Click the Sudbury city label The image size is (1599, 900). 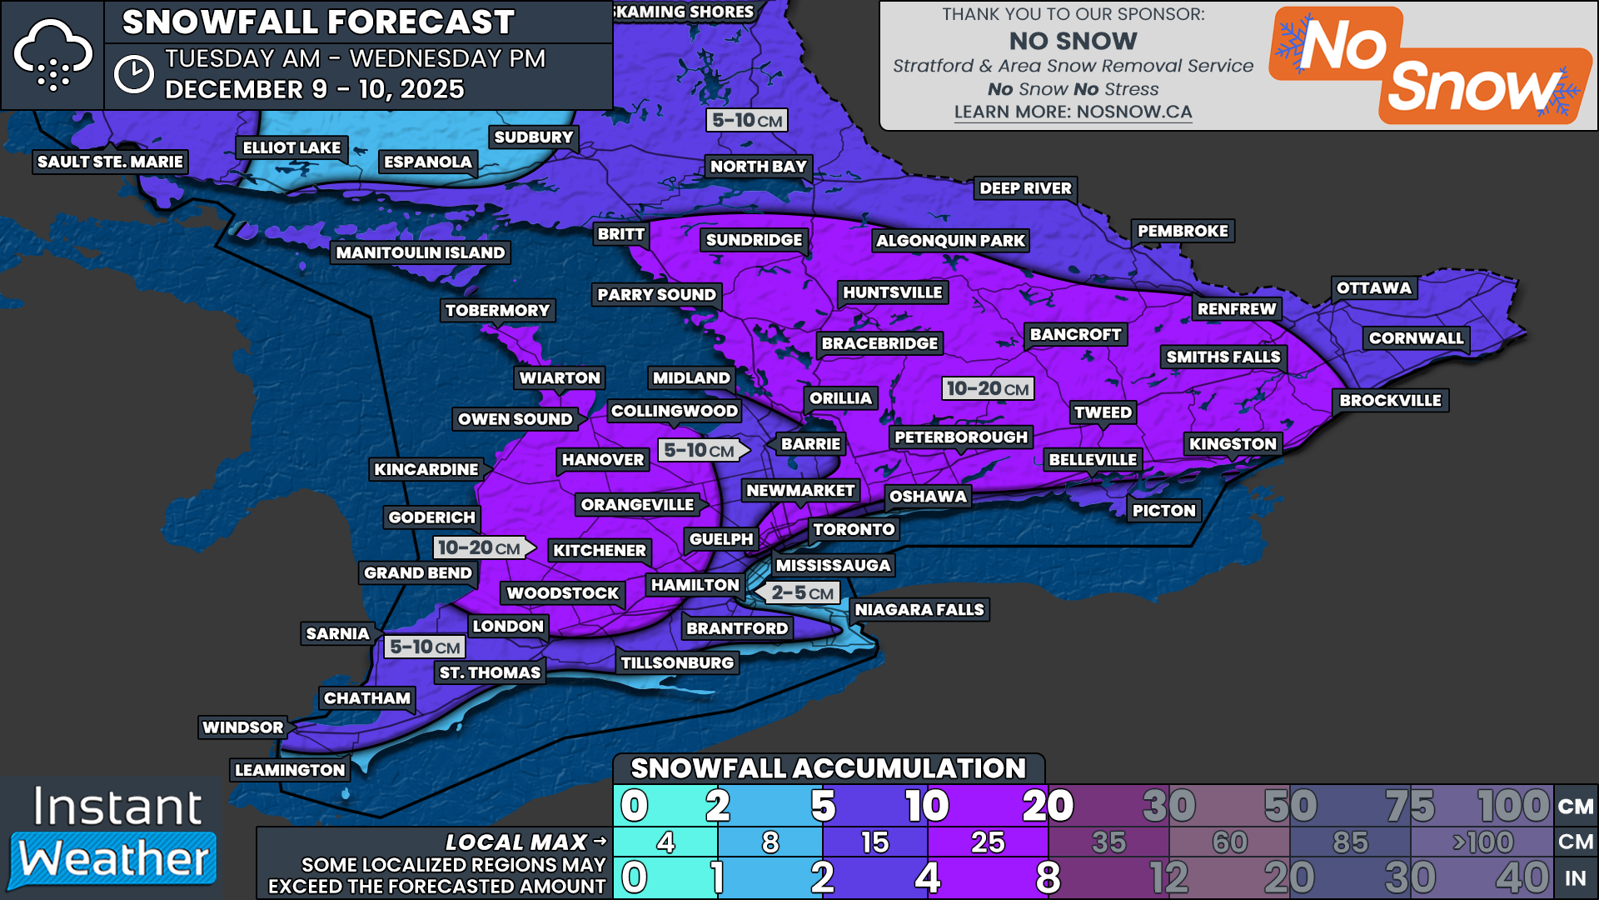click(533, 137)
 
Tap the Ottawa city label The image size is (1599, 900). click(1373, 288)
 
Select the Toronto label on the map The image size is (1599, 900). click(854, 529)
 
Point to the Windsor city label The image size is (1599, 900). click(242, 727)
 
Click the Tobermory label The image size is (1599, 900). click(497, 311)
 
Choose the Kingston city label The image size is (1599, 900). click(1232, 444)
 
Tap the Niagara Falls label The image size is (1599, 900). click(919, 610)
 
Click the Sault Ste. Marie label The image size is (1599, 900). click(110, 162)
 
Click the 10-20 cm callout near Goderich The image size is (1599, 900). click(479, 547)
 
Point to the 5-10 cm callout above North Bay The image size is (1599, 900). click(747, 121)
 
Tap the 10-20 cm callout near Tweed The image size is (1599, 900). click(988, 388)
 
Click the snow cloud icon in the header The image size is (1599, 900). click(52, 55)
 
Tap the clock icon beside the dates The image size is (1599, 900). click(133, 74)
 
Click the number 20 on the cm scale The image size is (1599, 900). click(1047, 806)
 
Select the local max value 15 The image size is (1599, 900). click(874, 842)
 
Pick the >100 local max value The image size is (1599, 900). click(1482, 842)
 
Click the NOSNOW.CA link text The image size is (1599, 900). click(1073, 112)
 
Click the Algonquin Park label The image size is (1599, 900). click(950, 241)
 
